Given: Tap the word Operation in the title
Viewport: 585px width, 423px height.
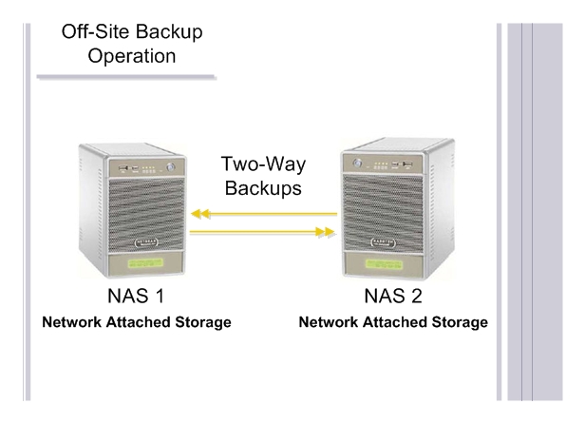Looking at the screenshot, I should pyautogui.click(x=132, y=56).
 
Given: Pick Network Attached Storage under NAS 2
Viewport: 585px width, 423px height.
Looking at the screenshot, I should pyautogui.click(x=393, y=323).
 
